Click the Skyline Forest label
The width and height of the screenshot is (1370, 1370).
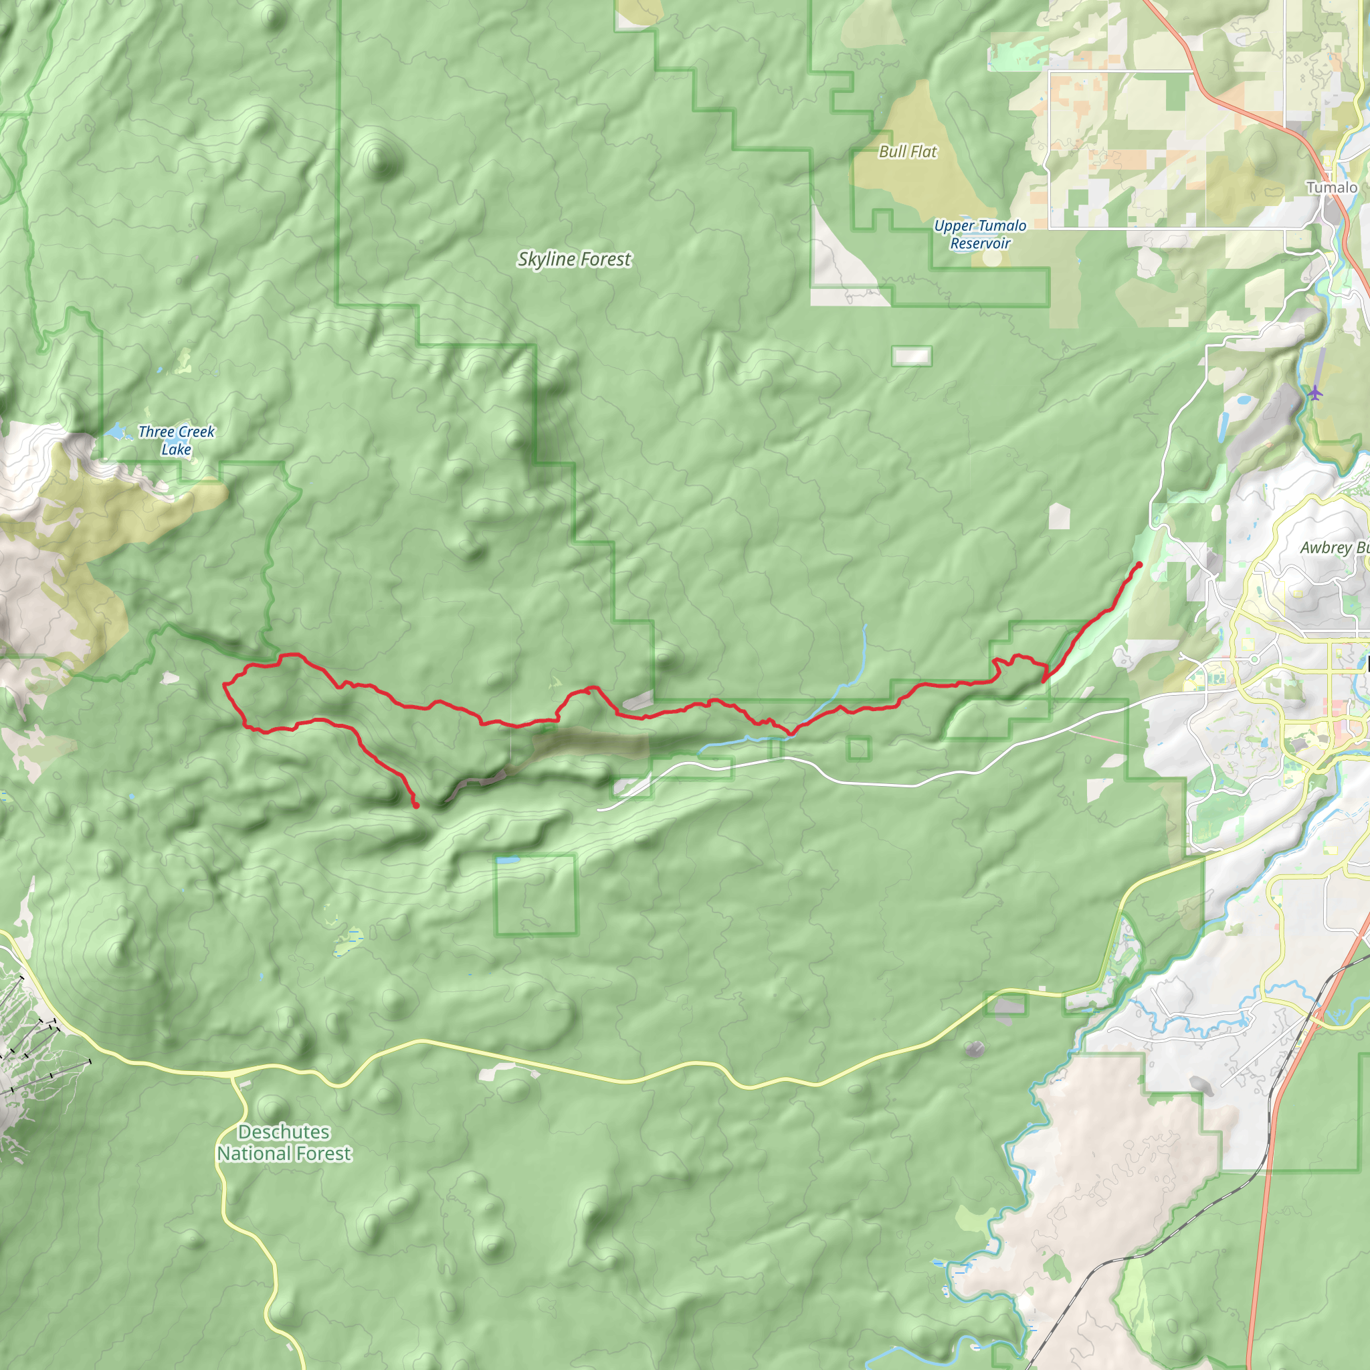(574, 260)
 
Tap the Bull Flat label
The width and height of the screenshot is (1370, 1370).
(908, 152)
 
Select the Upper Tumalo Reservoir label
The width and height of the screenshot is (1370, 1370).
(980, 234)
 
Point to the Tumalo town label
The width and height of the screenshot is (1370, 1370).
(1332, 188)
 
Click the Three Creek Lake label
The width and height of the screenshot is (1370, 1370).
(176, 440)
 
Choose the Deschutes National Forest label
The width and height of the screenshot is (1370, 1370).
(284, 1143)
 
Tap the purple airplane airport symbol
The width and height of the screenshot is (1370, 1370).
(1315, 392)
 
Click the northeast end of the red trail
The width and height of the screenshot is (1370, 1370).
(1139, 565)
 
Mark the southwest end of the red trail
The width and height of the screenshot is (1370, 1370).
(416, 805)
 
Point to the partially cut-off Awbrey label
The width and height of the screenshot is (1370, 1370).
(1333, 548)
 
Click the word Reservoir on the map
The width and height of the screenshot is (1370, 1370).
(980, 243)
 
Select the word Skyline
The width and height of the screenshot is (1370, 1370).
(546, 260)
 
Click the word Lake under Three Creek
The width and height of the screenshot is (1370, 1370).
(176, 450)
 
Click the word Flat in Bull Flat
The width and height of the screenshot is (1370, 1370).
(924, 152)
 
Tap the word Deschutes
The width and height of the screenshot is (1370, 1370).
(284, 1132)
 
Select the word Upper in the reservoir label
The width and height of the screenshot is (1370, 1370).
(954, 226)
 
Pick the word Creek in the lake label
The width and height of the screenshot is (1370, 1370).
(197, 432)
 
